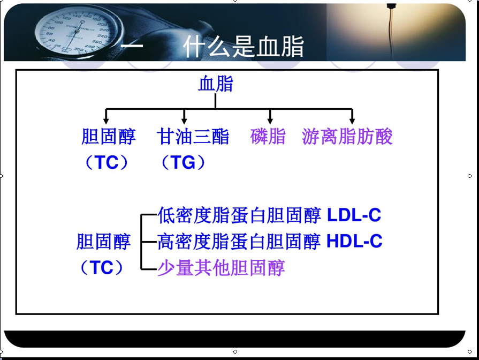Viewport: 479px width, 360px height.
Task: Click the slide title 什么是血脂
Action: pyautogui.click(x=244, y=47)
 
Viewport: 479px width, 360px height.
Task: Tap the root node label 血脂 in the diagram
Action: pyautogui.click(x=216, y=84)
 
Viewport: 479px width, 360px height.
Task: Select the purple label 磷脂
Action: pyautogui.click(x=268, y=136)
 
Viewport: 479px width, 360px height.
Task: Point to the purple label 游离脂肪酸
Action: pyautogui.click(x=347, y=136)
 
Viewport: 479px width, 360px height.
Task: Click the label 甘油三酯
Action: pyautogui.click(x=193, y=136)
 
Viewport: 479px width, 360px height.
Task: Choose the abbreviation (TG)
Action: pyautogui.click(x=183, y=162)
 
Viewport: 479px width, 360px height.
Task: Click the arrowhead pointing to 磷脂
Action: pyautogui.click(x=270, y=121)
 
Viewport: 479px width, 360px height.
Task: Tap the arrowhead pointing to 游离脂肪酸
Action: pyautogui.click(x=352, y=121)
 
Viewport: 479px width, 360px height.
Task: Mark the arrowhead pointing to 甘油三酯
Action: pyautogui.click(x=184, y=121)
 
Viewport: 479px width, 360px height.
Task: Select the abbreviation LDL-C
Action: pyautogui.click(x=354, y=215)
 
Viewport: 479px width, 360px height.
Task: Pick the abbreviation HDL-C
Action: pyautogui.click(x=354, y=241)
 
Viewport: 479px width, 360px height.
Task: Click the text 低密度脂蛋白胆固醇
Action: pyautogui.click(x=239, y=215)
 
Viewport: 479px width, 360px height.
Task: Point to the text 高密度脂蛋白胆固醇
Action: pyautogui.click(x=239, y=241)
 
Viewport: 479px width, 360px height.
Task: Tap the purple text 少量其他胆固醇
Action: pyautogui.click(x=221, y=268)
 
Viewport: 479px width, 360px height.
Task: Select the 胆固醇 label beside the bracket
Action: pyautogui.click(x=103, y=241)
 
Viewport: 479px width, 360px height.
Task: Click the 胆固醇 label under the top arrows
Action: pyautogui.click(x=109, y=136)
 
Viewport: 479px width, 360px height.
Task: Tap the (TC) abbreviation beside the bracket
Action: pyautogui.click(x=102, y=267)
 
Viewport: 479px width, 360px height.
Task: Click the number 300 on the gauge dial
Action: pyautogui.click(x=79, y=49)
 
